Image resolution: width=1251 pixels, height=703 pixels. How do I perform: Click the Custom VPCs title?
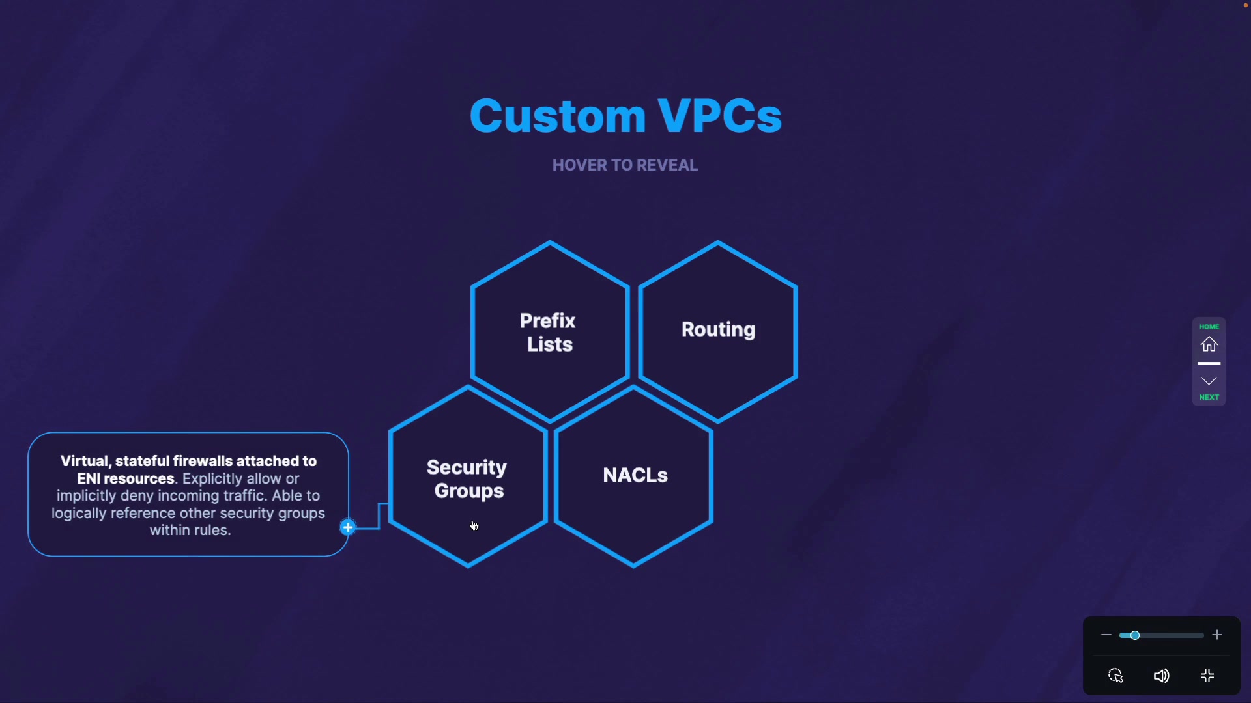point(625,116)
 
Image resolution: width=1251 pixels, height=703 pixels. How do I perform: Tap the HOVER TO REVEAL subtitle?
point(625,165)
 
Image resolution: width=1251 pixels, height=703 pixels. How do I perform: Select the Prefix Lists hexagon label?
point(548,333)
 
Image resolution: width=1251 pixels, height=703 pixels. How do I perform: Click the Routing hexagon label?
point(718,329)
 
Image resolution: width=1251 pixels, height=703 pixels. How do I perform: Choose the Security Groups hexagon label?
point(467,479)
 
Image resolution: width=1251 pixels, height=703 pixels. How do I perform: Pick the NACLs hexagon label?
point(635,475)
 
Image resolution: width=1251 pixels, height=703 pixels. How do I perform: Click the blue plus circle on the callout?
point(348,527)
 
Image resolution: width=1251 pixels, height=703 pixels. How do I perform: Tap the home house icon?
point(1209,344)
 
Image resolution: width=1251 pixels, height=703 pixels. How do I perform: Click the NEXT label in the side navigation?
point(1209,397)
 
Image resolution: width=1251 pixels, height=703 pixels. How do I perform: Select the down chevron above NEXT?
point(1209,381)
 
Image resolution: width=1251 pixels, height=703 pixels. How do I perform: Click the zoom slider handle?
point(1134,635)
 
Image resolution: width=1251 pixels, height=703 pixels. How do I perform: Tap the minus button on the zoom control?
point(1106,635)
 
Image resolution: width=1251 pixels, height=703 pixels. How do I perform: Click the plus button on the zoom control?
point(1217,635)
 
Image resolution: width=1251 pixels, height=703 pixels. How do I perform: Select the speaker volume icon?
point(1161,676)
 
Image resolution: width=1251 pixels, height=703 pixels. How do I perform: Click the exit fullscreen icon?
point(1207,676)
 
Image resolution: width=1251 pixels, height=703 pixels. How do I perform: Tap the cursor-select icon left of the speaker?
point(1115,676)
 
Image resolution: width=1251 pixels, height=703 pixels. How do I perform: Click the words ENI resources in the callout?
point(126,479)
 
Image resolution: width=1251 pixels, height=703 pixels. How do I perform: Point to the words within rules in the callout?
point(190,531)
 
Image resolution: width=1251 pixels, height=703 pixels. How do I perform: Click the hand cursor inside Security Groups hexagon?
point(474,526)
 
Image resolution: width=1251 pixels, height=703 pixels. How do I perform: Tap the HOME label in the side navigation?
point(1209,327)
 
